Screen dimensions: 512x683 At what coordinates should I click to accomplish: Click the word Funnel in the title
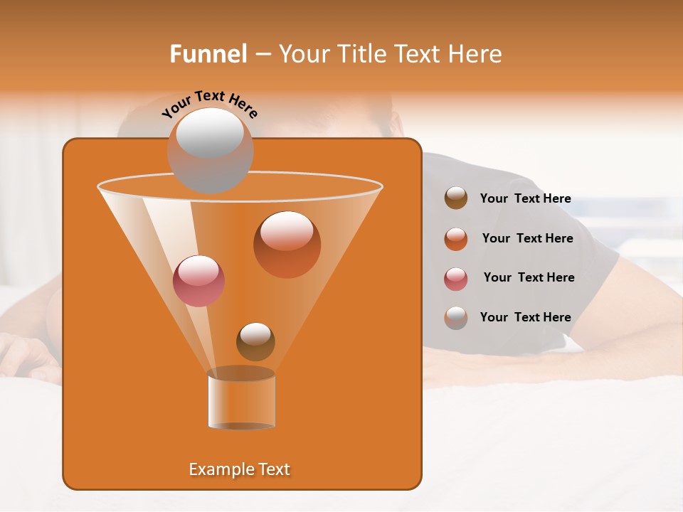pyautogui.click(x=208, y=54)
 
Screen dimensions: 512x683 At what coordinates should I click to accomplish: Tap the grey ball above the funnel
pyautogui.click(x=210, y=150)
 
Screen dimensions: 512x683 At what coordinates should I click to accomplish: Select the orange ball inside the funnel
pyautogui.click(x=287, y=244)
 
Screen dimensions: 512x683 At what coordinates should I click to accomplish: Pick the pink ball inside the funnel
pyautogui.click(x=198, y=281)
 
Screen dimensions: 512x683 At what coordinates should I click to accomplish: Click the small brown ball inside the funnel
pyautogui.click(x=255, y=341)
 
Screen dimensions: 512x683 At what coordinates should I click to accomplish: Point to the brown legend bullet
pyautogui.click(x=456, y=198)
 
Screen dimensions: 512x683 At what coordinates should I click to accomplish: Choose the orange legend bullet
pyautogui.click(x=456, y=239)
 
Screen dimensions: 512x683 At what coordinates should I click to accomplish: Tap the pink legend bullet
pyautogui.click(x=456, y=279)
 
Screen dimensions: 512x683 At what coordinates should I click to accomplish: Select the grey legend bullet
pyautogui.click(x=456, y=318)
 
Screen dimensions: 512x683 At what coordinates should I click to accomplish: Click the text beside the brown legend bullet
pyautogui.click(x=525, y=198)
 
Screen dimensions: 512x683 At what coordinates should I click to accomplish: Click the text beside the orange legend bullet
pyautogui.click(x=527, y=238)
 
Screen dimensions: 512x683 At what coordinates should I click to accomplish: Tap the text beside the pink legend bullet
pyautogui.click(x=529, y=277)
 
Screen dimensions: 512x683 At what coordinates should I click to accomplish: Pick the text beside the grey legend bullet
pyautogui.click(x=525, y=317)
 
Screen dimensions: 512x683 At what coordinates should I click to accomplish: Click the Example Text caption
pyautogui.click(x=240, y=469)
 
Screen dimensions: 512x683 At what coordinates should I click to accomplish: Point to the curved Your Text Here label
pyautogui.click(x=209, y=104)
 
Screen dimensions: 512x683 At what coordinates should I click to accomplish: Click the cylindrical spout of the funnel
pyautogui.click(x=241, y=399)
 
